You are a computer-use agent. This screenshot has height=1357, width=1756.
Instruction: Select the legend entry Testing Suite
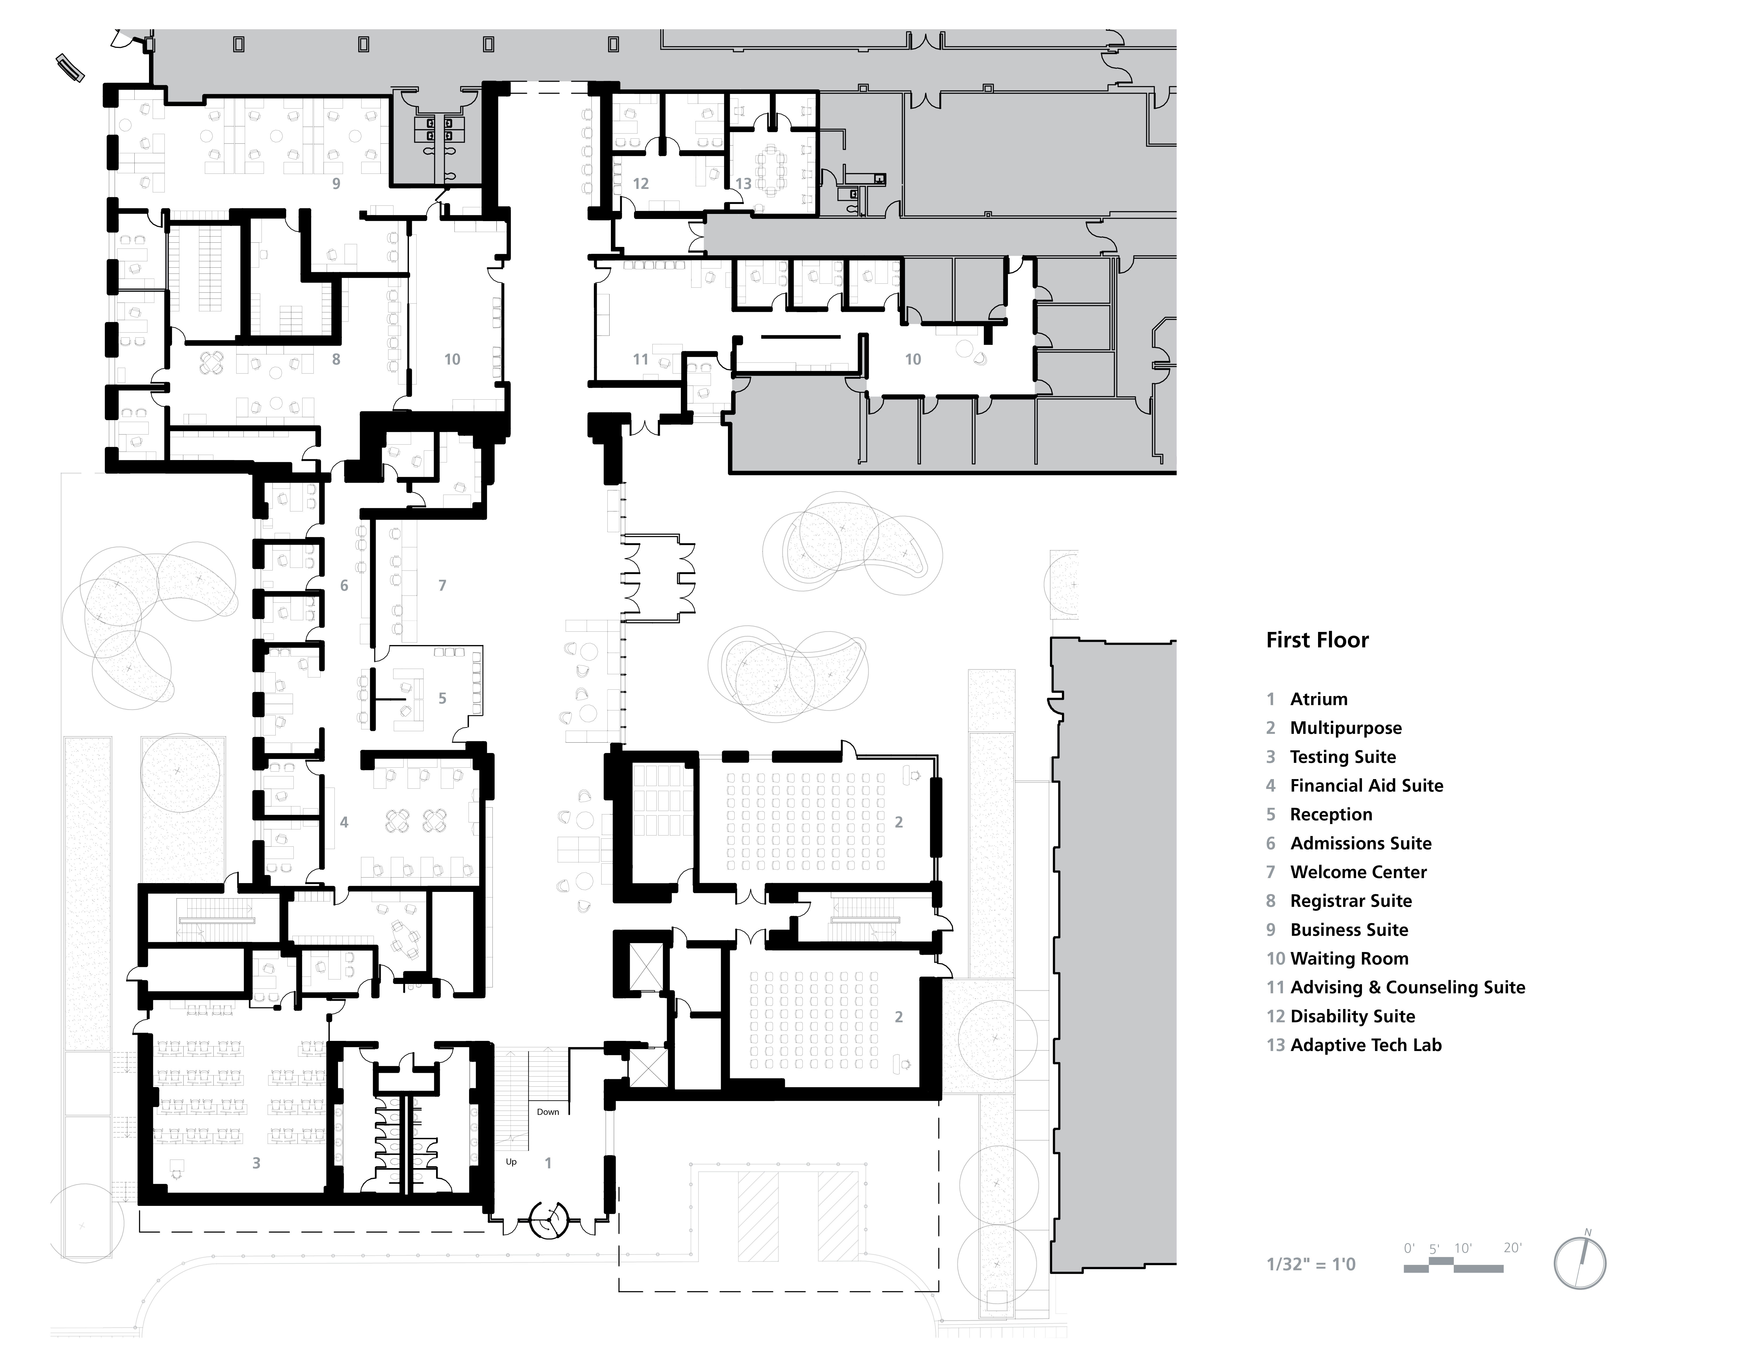1343,756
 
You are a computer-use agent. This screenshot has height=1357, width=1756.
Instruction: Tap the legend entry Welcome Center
1358,872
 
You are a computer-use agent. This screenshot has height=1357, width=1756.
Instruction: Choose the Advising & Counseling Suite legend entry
1407,987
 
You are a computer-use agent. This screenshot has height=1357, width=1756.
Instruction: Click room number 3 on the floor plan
256,1163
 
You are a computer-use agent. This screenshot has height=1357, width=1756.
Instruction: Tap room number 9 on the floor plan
336,184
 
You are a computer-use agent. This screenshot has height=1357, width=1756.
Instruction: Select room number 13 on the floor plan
743,184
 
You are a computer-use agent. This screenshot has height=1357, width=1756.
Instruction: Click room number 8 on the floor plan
336,359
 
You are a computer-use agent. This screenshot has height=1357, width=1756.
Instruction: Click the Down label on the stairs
548,1112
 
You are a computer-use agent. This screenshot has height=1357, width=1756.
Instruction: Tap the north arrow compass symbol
1580,1264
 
